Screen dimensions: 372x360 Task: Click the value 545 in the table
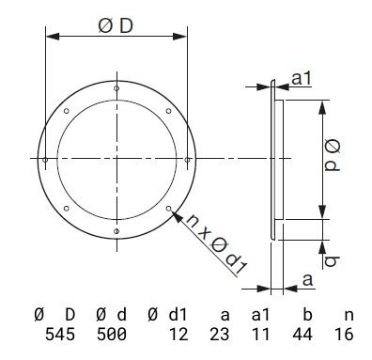[60, 334]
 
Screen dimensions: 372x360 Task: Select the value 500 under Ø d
[112, 334]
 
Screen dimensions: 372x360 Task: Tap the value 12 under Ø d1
[178, 334]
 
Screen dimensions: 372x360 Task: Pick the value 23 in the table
[220, 334]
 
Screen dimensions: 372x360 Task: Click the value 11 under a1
[260, 334]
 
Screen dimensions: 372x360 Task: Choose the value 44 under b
[302, 334]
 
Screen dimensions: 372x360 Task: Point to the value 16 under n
[344, 334]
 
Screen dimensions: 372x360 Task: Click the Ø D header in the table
[54, 315]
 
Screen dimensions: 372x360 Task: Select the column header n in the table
[349, 315]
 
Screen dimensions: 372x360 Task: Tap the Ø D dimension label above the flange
[116, 26]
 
